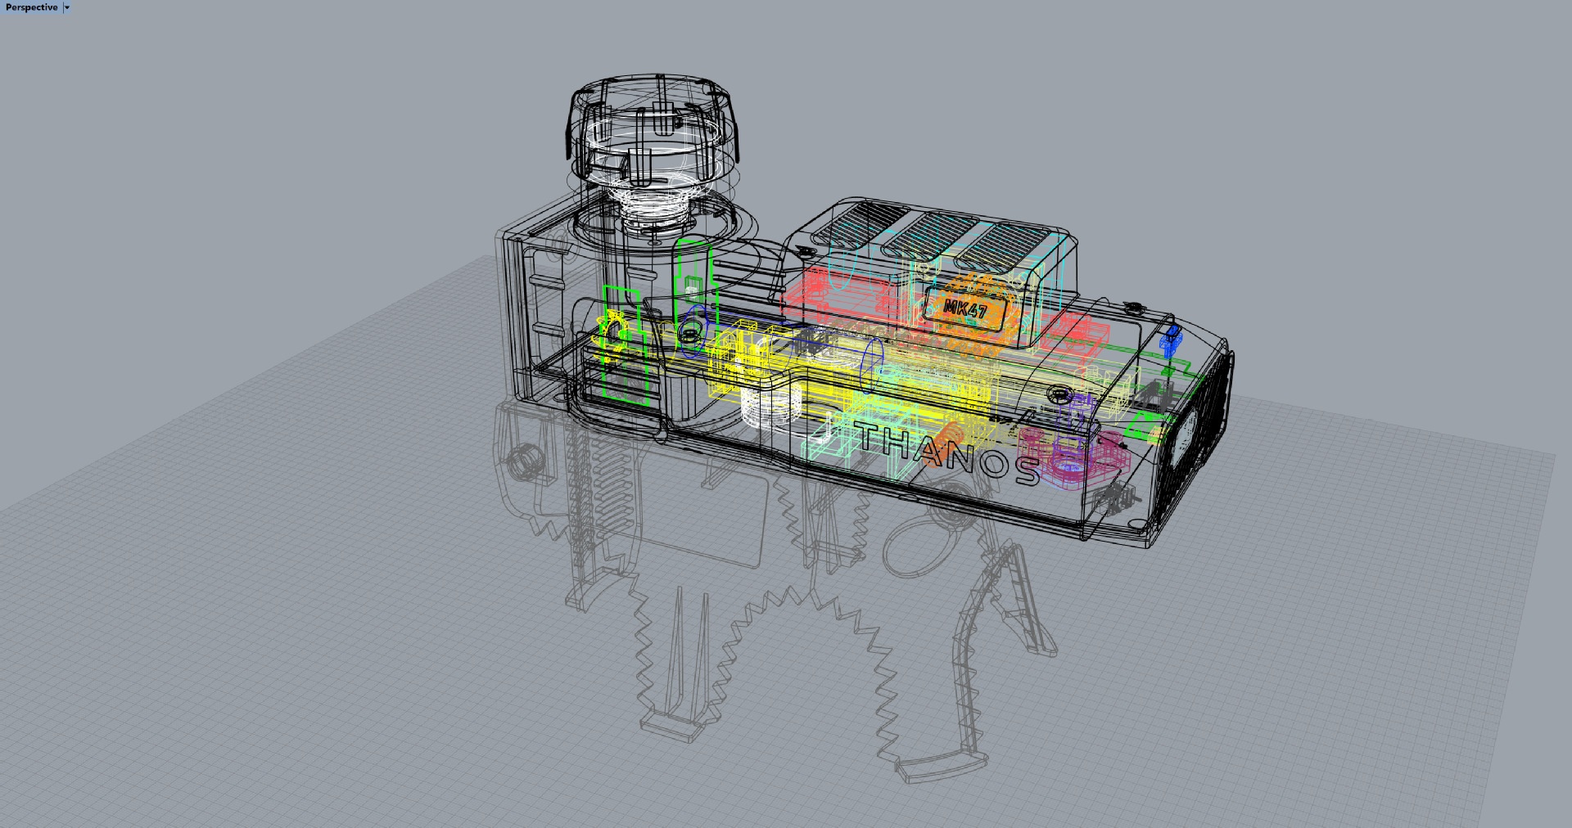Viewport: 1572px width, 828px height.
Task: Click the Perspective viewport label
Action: [31, 7]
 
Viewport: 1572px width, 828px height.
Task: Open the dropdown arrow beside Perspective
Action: [67, 7]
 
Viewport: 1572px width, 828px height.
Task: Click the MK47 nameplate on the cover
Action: [965, 309]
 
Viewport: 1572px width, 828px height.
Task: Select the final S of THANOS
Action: [1024, 470]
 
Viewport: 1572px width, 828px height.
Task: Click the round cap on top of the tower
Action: [652, 123]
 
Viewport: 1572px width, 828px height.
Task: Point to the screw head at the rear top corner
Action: [1132, 308]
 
